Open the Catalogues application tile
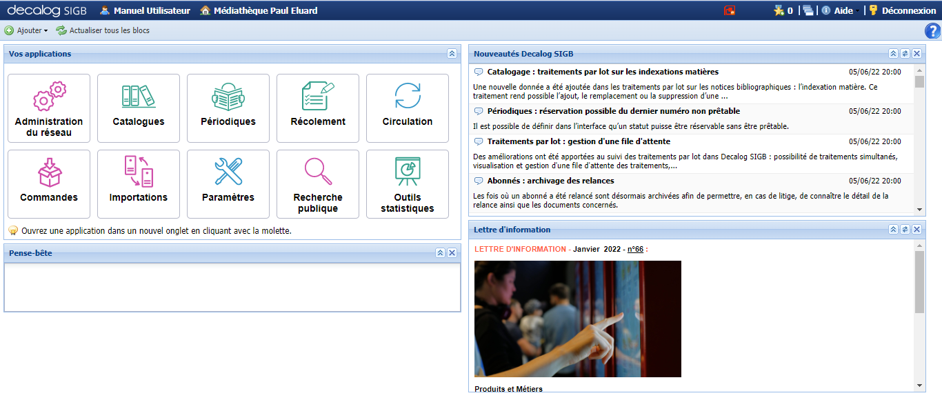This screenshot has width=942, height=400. click(139, 108)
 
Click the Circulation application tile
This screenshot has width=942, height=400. click(407, 108)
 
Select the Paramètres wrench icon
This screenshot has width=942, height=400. click(228, 171)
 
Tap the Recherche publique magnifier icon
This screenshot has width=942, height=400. click(318, 171)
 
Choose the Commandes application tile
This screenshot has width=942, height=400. click(49, 184)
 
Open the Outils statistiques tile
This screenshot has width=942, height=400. click(407, 184)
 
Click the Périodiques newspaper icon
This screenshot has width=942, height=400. click(228, 97)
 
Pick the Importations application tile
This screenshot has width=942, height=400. click(139, 184)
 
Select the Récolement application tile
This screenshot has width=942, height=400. click(317, 108)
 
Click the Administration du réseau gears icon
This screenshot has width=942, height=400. click(50, 96)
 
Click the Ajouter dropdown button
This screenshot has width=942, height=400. click(26, 30)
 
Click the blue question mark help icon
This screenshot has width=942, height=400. click(933, 31)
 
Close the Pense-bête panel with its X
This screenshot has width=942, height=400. click(452, 253)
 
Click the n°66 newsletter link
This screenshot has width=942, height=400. click(635, 249)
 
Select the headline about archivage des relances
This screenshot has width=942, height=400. click(550, 181)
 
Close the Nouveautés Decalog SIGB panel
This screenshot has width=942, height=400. click(916, 53)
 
